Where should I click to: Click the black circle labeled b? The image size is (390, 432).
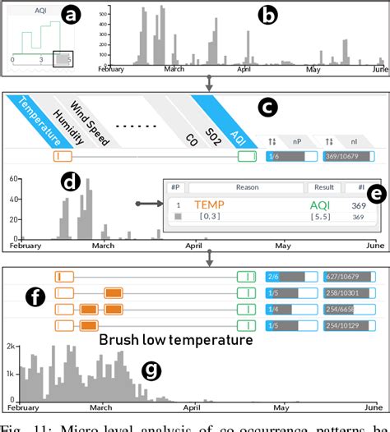tap(269, 16)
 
